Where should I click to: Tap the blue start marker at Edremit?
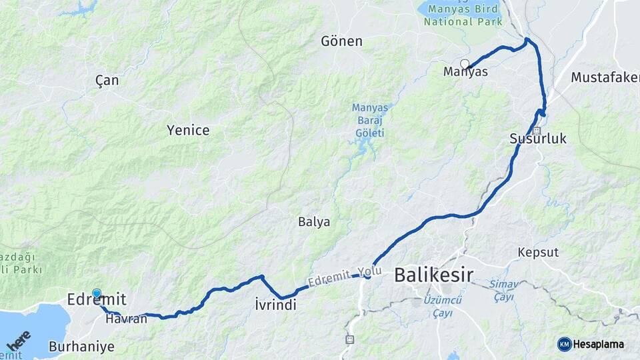point(97,293)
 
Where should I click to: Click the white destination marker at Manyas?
point(465,64)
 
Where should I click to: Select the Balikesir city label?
point(433,274)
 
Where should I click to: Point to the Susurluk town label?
point(537,139)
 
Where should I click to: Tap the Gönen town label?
point(341,41)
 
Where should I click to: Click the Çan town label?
point(107,81)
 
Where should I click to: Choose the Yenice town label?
point(188,131)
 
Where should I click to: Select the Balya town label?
point(314,222)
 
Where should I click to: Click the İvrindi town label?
point(275,305)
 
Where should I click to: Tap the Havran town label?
point(126,319)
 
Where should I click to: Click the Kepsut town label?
point(538,253)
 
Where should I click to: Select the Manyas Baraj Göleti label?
point(369,120)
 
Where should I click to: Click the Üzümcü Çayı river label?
point(438,307)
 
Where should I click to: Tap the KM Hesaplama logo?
point(591,344)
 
